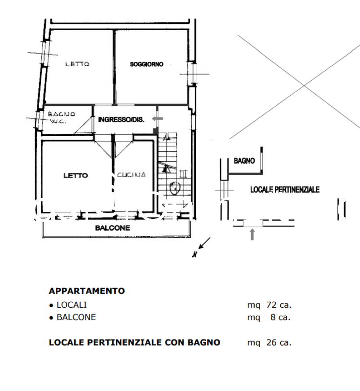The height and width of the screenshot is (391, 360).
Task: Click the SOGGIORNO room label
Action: (147, 64)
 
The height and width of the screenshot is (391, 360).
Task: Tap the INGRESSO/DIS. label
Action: (121, 120)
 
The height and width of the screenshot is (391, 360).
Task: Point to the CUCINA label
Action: (131, 175)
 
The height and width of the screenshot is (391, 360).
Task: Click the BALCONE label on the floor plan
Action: (112, 228)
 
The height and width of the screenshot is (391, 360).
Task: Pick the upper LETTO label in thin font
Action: (77, 64)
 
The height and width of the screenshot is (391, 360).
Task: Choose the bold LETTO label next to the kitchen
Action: (76, 176)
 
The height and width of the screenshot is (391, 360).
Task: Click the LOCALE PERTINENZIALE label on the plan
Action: (285, 190)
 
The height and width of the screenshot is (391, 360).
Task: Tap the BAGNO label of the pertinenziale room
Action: (244, 161)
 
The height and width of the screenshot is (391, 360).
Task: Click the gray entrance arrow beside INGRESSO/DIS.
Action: (157, 118)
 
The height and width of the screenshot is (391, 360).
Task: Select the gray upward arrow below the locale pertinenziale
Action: (252, 234)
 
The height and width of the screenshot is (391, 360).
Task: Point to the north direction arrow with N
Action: (201, 247)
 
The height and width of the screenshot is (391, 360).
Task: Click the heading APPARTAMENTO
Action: (86, 291)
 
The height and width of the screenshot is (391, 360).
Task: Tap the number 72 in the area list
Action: (271, 305)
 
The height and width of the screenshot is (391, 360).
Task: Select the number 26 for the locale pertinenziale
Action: (271, 343)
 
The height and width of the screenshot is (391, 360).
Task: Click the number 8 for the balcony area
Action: (273, 317)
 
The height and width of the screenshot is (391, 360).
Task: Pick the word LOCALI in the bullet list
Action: (72, 305)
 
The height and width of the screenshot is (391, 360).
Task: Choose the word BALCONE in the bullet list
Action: (76, 317)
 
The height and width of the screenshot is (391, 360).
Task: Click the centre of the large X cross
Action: (304, 85)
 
